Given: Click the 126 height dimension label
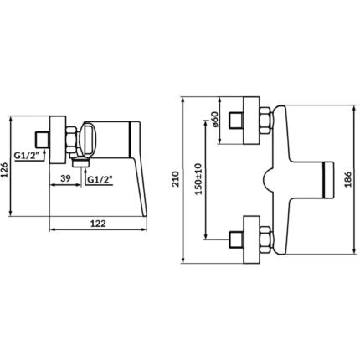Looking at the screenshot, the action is coord(4,170).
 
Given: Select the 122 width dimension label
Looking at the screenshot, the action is coord(98,224).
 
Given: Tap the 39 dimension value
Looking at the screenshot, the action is coord(65,178).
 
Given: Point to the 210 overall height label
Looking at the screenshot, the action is coord(176,179).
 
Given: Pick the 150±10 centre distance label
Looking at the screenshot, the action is coord(198,179).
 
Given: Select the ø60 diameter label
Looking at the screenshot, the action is coord(214,120).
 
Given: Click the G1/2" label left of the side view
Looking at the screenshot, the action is coord(27,156).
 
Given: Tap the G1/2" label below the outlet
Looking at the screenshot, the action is coord(100,179).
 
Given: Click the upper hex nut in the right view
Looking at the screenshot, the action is coord(265,121).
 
